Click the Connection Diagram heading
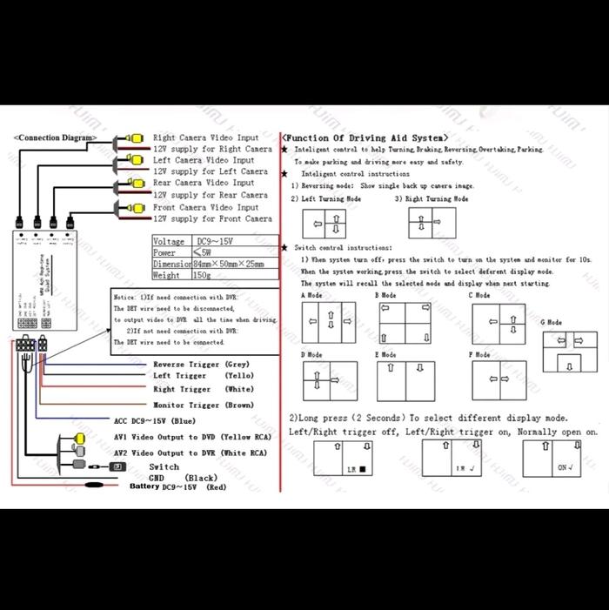[x=53, y=137]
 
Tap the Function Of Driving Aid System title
[x=365, y=137]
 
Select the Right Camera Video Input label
[x=205, y=137]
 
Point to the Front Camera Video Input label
[x=205, y=207]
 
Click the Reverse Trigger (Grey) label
[x=201, y=364]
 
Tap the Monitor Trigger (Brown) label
[x=203, y=405]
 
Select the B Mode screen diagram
[x=403, y=322]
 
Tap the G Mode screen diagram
[x=565, y=348]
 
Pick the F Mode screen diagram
[x=499, y=379]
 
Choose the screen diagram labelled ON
[x=553, y=458]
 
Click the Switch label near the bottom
[x=164, y=467]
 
